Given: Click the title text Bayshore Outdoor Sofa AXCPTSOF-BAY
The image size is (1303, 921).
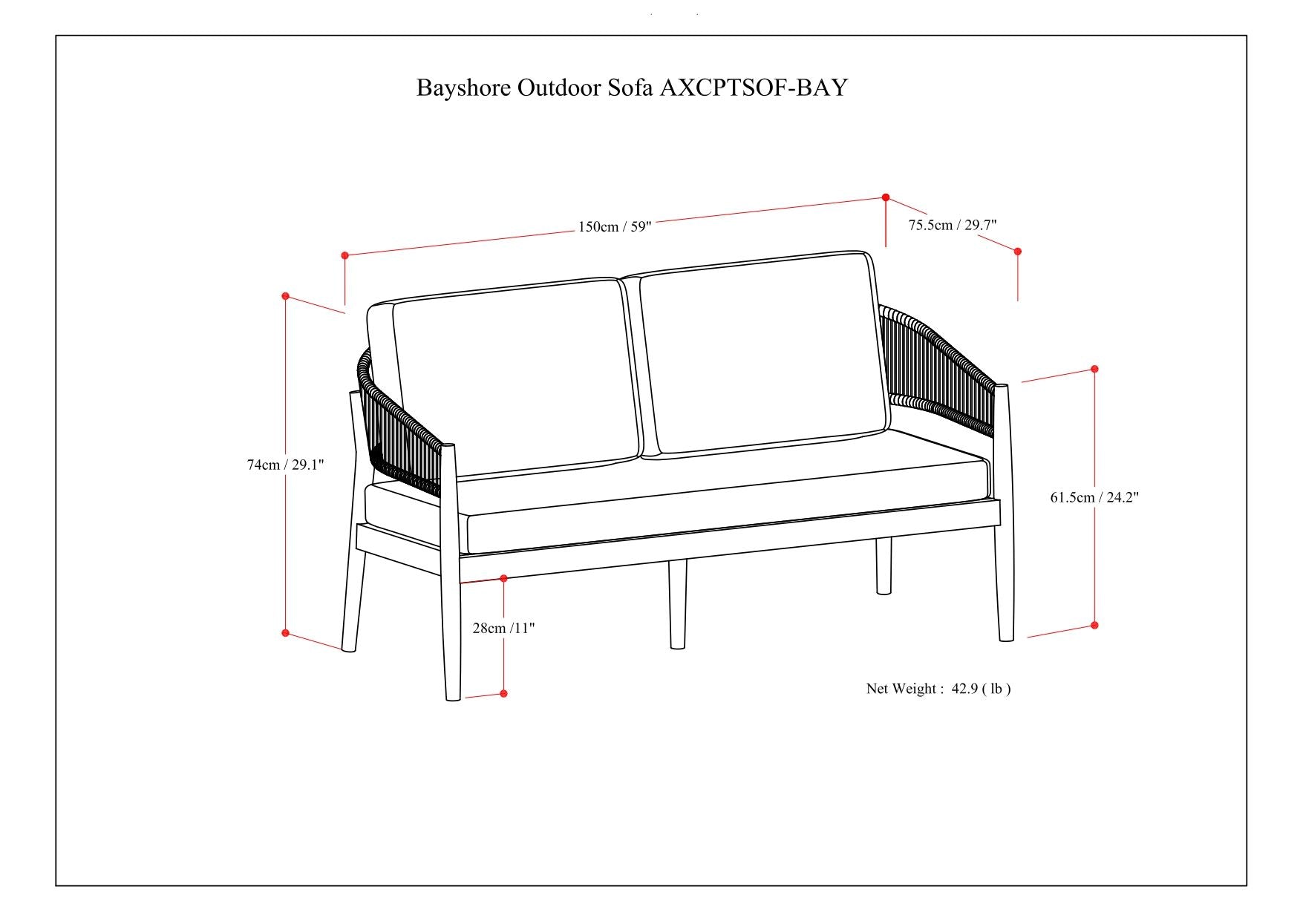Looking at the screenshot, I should click(631, 88).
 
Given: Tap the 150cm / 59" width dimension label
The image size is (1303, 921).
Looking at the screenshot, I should click(614, 226).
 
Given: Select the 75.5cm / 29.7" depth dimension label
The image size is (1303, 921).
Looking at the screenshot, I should click(953, 225).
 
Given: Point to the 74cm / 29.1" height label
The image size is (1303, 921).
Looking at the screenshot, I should click(285, 465).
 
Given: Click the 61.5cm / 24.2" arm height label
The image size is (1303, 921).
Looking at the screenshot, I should click(1094, 497).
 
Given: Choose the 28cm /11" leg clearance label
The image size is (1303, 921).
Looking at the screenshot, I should click(503, 628).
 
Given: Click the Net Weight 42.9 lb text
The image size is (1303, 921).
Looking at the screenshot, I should click(938, 689).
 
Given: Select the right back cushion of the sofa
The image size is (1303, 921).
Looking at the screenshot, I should click(761, 353).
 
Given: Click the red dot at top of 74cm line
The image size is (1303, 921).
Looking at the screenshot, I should click(285, 296).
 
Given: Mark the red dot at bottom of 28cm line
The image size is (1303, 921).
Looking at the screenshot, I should click(503, 693).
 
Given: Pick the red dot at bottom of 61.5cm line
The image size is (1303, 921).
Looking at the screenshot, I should click(1094, 626).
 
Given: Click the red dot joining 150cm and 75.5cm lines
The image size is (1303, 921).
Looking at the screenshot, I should click(886, 197).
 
